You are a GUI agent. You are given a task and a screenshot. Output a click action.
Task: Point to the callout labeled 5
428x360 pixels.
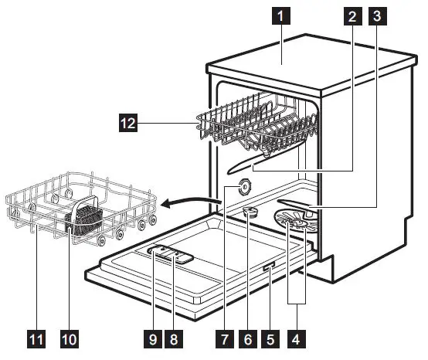coord(270,337)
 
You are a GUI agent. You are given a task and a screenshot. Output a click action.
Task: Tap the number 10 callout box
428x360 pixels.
coord(70,337)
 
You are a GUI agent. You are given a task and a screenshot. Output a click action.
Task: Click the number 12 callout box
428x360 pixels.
coord(127,121)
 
